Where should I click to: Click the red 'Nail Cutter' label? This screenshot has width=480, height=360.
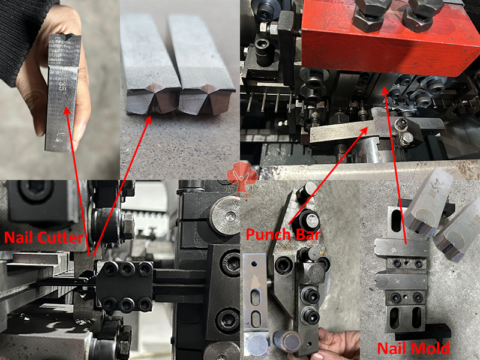[x=44, y=238]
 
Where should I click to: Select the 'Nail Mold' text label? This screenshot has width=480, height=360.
[x=414, y=347]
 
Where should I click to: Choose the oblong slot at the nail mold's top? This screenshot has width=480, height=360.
[x=397, y=220]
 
